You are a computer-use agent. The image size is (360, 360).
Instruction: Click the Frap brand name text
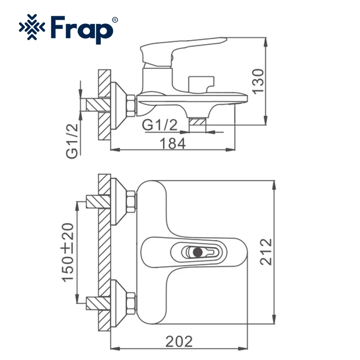click(x=82, y=30)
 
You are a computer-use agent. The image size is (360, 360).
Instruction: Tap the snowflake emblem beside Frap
click(x=32, y=27)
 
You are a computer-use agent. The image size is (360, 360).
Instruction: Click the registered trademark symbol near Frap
click(x=115, y=20)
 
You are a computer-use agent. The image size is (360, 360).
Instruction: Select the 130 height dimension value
click(x=258, y=81)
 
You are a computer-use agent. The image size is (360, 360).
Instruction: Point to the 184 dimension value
click(x=173, y=144)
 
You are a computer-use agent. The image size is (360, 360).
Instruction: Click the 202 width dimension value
click(x=179, y=342)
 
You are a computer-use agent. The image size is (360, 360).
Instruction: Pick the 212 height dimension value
click(x=266, y=252)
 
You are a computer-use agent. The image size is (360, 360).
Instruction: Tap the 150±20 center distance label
click(x=68, y=252)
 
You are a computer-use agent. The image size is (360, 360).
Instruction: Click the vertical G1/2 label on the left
click(x=72, y=141)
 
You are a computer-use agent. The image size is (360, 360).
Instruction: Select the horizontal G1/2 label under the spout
click(x=160, y=125)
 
